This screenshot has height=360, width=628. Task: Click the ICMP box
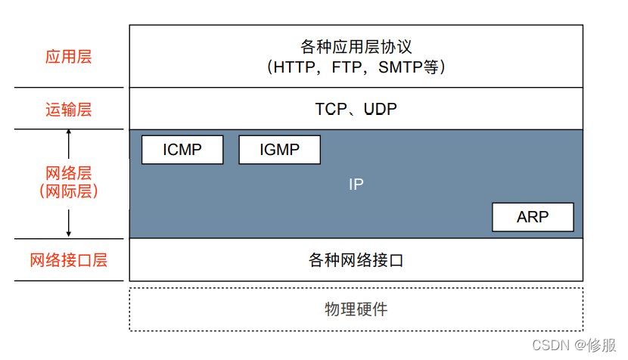(x=182, y=150)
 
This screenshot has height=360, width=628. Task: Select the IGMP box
(x=279, y=150)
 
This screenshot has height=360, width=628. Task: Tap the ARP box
(x=533, y=217)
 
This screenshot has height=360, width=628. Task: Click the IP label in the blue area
(x=356, y=184)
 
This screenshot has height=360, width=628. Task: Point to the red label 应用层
(x=68, y=57)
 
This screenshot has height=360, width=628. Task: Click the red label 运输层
(x=68, y=110)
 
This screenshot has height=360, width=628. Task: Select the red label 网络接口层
(x=68, y=261)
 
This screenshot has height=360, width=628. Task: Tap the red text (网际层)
(x=68, y=192)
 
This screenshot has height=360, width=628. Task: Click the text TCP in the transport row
(x=330, y=110)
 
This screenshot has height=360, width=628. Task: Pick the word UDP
(x=381, y=110)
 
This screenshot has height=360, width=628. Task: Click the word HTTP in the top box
(x=299, y=67)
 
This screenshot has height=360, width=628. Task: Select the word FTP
(x=353, y=67)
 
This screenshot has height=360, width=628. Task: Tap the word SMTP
(x=403, y=67)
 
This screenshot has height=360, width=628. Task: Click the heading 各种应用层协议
(x=356, y=48)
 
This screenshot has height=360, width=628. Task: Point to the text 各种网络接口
(x=356, y=261)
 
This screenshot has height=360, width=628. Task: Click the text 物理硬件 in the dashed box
(x=356, y=309)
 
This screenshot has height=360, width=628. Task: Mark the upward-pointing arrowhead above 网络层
(x=69, y=133)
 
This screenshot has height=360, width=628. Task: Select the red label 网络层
(x=68, y=173)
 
